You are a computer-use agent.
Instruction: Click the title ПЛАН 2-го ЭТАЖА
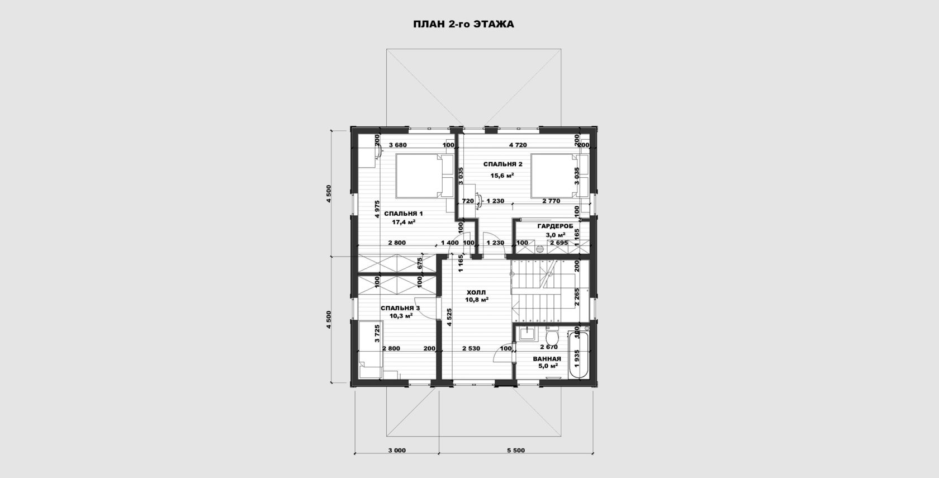[463, 25]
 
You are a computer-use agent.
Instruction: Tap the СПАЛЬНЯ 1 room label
[404, 214]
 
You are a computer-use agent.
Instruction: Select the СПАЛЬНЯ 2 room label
[502, 164]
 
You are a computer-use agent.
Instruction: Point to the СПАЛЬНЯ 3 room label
[400, 308]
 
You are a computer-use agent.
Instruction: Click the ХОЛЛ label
[476, 292]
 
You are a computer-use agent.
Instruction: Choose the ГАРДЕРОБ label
[555, 226]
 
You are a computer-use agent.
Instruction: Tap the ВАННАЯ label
[547, 359]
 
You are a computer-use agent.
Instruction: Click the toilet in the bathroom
[552, 335]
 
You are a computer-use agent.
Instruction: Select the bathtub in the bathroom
[579, 355]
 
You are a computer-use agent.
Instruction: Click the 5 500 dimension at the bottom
[515, 451]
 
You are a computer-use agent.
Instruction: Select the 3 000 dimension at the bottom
[397, 451]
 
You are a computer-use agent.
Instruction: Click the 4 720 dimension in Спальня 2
[518, 145]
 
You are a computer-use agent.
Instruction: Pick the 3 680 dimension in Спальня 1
[398, 145]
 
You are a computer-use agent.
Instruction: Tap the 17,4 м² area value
[404, 223]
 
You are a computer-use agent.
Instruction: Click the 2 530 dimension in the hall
[471, 348]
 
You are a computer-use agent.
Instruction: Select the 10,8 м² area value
[477, 300]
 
